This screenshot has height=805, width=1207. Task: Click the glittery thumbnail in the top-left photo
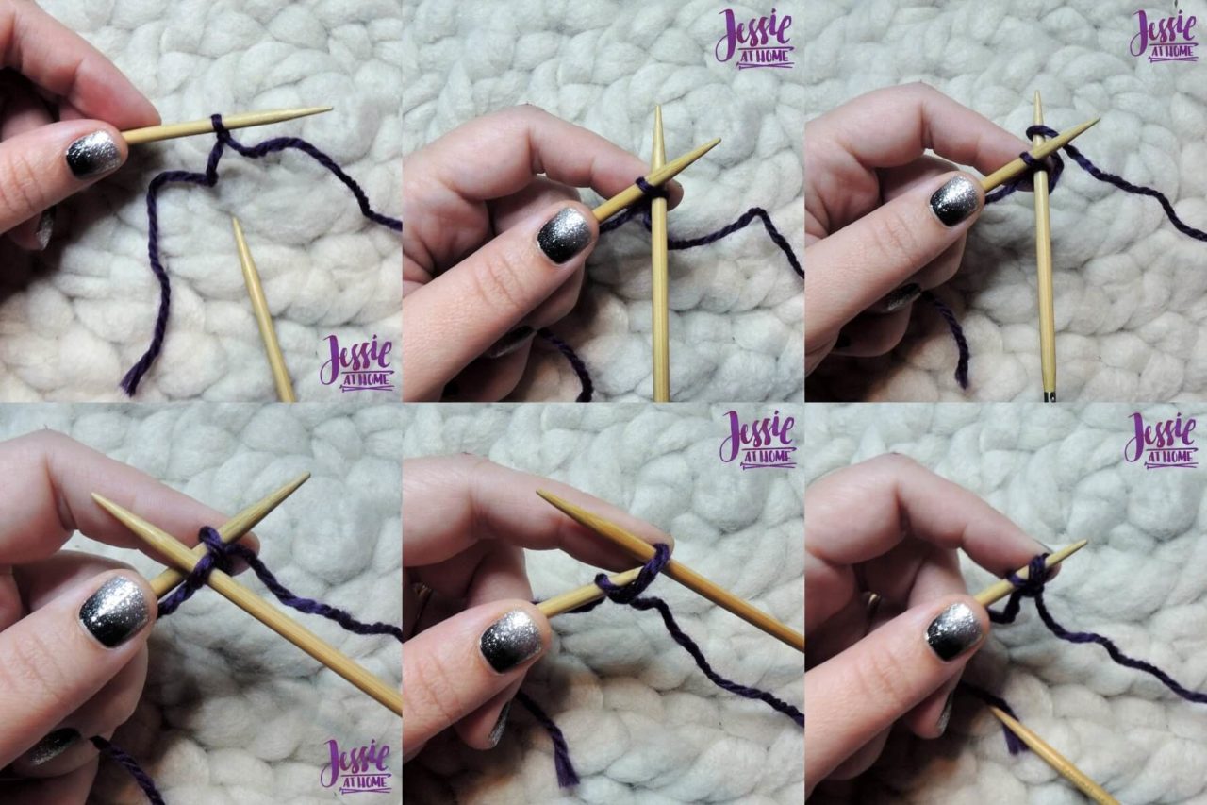click(93, 153)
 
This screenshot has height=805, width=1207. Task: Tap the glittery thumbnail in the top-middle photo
click(564, 234)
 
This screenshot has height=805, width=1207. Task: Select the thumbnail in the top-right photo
click(956, 200)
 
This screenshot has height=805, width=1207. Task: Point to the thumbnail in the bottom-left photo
click(114, 611)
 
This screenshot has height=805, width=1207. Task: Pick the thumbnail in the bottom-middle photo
click(510, 640)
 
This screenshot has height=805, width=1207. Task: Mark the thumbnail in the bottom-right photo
click(953, 630)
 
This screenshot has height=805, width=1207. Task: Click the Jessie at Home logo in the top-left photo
click(357, 362)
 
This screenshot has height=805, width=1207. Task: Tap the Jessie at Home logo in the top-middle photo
click(754, 39)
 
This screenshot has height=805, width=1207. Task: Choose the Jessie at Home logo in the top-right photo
click(1164, 36)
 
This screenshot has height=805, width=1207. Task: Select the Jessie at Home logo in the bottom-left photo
click(357, 763)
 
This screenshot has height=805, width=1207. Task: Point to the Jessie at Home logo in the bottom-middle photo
click(757, 440)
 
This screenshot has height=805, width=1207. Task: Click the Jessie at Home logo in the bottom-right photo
click(1159, 440)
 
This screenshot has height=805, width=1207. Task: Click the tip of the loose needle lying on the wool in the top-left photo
click(235, 220)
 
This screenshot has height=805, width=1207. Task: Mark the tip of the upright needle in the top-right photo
click(1037, 94)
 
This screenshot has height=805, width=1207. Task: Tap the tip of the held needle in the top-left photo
click(330, 109)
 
